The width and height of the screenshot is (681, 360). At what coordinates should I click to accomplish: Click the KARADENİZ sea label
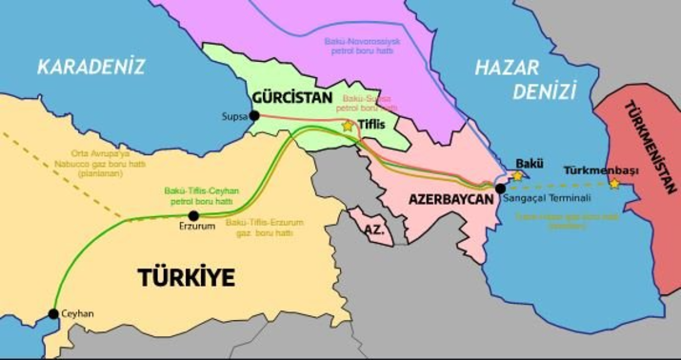coord(90,66)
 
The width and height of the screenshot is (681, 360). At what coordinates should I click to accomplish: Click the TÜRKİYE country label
coord(186,278)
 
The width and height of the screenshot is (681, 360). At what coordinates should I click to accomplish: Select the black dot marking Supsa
coord(254,115)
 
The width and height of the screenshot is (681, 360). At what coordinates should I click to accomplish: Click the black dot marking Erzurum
coord(193,215)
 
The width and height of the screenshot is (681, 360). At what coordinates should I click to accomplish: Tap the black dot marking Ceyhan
coord(53,313)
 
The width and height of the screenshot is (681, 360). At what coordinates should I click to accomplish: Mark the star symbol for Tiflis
coord(348,125)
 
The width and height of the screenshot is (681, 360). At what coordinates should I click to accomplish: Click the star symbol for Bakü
coord(517,175)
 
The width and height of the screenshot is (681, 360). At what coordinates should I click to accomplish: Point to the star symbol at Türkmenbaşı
coord(614,183)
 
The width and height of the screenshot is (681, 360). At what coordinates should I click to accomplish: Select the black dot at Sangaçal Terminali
coord(501,189)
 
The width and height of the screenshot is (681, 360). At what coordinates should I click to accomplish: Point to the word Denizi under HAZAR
coord(544,91)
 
